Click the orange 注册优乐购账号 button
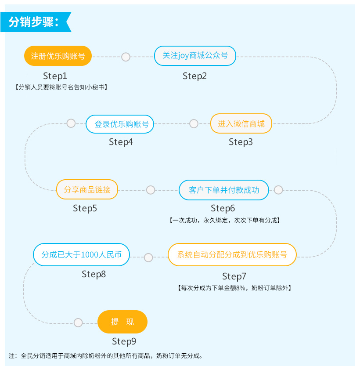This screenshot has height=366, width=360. [58, 56]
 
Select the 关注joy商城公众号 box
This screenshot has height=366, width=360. [195, 56]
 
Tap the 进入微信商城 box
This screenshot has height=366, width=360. [241, 123]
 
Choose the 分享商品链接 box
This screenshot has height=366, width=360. [87, 190]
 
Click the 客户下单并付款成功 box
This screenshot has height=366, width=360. [224, 190]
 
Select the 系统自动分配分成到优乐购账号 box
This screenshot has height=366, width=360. [232, 254]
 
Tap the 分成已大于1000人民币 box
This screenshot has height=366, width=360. [82, 254]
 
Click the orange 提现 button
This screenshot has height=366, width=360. [122, 322]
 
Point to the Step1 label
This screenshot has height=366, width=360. [55, 76]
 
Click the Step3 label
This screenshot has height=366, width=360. [241, 142]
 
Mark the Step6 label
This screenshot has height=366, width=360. [223, 208]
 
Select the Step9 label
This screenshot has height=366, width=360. [124, 341]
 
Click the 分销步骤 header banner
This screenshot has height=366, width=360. [35, 22]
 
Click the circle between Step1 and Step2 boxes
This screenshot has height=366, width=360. [126, 57]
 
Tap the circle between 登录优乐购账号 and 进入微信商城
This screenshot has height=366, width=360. [194, 124]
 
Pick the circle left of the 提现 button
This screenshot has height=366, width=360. [78, 323]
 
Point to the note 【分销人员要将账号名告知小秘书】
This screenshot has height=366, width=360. [61, 87]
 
